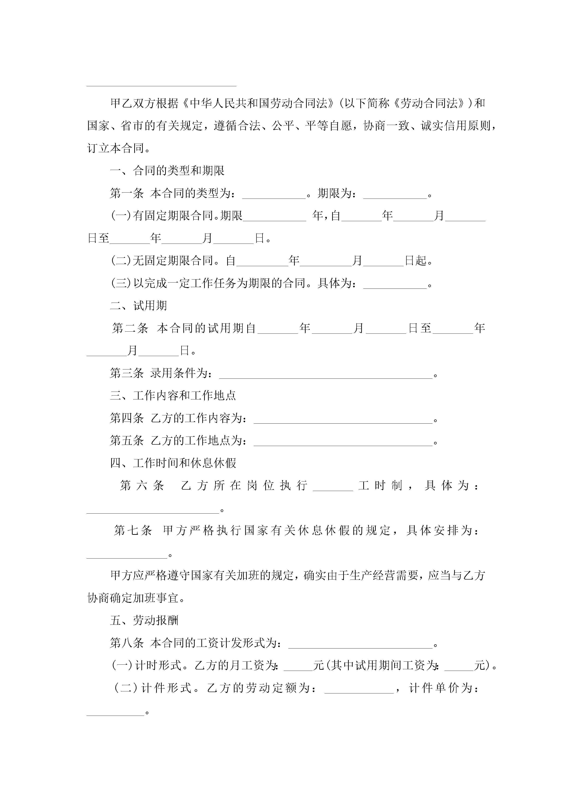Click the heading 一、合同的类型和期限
click(x=167, y=171)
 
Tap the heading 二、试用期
click(x=139, y=306)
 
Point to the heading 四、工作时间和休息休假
click(x=173, y=463)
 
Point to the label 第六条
click(x=142, y=485)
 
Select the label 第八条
click(x=127, y=643)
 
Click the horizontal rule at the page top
click(x=161, y=86)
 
